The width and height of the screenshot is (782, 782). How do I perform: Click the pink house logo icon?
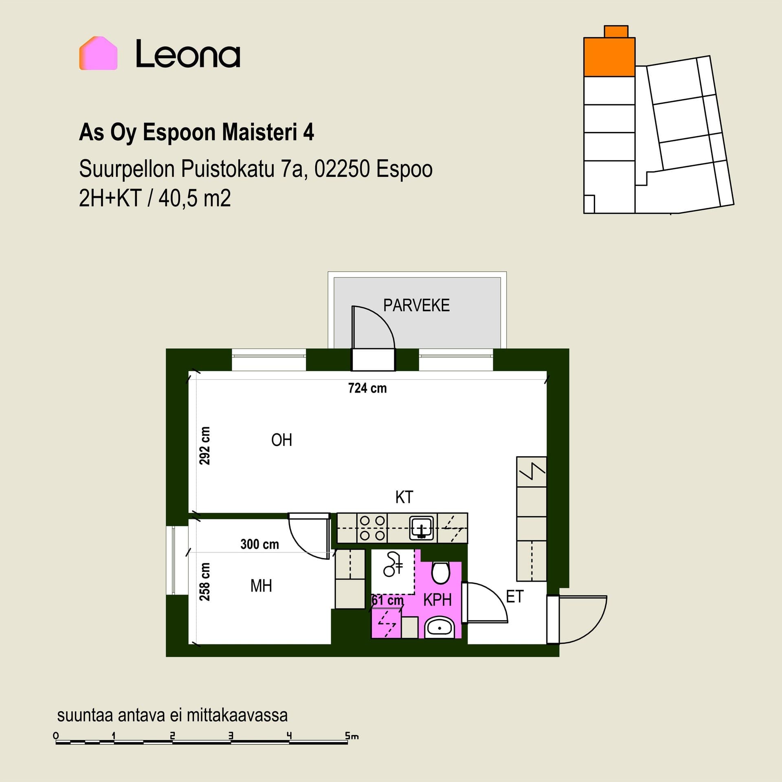[x=98, y=53]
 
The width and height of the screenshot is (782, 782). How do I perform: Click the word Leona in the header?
[x=188, y=53]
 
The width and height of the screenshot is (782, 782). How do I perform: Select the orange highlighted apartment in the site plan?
[x=609, y=57]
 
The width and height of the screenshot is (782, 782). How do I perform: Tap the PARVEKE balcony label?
[x=416, y=305]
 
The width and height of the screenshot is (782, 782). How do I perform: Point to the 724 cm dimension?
[x=367, y=388]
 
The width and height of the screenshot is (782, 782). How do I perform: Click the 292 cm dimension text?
[x=205, y=446]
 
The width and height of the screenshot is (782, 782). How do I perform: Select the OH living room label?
[x=281, y=440]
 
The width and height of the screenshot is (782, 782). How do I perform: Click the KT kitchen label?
[x=404, y=497]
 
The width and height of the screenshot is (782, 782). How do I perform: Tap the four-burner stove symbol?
[x=372, y=528]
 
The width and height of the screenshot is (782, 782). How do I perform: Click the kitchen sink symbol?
[x=421, y=528]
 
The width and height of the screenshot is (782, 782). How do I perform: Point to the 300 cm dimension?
[x=259, y=544]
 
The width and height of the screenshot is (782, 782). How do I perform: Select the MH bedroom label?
[x=261, y=586]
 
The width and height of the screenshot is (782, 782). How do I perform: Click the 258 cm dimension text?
[x=205, y=582]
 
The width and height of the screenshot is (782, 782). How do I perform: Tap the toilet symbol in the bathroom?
[x=440, y=573]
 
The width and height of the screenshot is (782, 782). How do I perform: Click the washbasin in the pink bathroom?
[x=439, y=628]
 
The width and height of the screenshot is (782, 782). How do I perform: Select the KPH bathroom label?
[x=437, y=600]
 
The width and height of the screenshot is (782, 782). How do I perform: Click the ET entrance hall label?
[x=514, y=597]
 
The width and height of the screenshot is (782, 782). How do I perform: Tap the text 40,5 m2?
[x=195, y=198]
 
